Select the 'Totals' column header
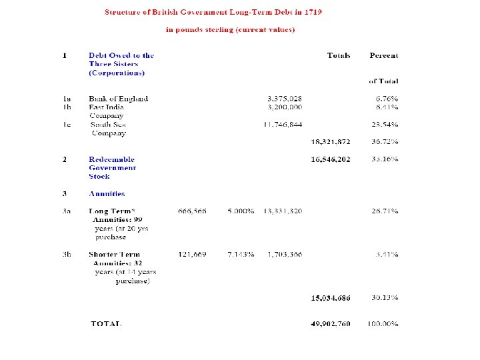[339, 55]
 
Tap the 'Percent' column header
[384, 55]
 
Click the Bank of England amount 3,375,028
[284, 99]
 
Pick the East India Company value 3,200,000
[284, 107]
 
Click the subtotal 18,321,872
[331, 142]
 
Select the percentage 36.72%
[385, 142]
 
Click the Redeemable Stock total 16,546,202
[331, 159]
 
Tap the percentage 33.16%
[385, 159]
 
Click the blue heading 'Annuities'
[107, 194]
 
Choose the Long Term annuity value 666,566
[192, 211]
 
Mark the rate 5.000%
[240, 211]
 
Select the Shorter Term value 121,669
[192, 255]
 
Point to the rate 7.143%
[240, 255]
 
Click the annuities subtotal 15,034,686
[331, 297]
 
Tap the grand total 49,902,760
[331, 324]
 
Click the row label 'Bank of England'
[119, 99]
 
